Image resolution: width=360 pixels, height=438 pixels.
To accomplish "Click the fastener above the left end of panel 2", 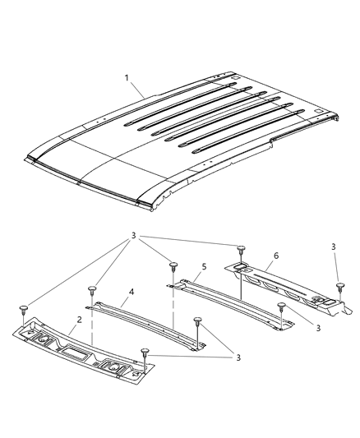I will [x=24, y=309].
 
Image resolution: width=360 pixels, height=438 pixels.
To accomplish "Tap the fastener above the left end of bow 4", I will [x=92, y=290].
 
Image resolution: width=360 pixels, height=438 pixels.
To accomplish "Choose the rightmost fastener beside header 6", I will [x=339, y=286].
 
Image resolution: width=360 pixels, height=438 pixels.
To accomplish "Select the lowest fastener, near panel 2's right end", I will [x=145, y=352].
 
